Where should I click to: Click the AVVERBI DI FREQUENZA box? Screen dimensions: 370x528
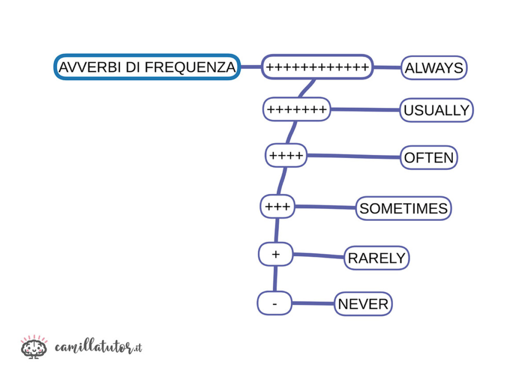(x=147, y=67)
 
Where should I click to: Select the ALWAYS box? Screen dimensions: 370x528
(x=434, y=68)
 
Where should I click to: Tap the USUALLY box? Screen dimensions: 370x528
(x=436, y=110)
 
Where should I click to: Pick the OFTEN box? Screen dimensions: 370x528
(x=428, y=157)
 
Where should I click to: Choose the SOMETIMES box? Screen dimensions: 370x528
(x=403, y=208)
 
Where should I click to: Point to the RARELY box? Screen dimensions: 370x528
(x=376, y=258)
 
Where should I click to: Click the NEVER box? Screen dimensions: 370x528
(x=363, y=304)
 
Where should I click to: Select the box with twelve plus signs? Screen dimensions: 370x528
(x=317, y=67)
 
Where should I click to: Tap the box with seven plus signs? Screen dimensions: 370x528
(x=296, y=110)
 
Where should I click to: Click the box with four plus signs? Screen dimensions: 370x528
(x=286, y=155)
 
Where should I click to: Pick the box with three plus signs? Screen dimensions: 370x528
(x=277, y=207)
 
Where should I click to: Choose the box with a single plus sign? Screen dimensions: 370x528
(x=275, y=254)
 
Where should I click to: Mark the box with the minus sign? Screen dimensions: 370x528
(x=274, y=304)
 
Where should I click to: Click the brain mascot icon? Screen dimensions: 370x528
(x=34, y=347)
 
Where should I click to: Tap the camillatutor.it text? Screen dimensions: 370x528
(x=98, y=347)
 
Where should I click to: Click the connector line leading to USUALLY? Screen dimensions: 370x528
(x=365, y=110)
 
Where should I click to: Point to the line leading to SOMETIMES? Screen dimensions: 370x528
(x=325, y=207)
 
